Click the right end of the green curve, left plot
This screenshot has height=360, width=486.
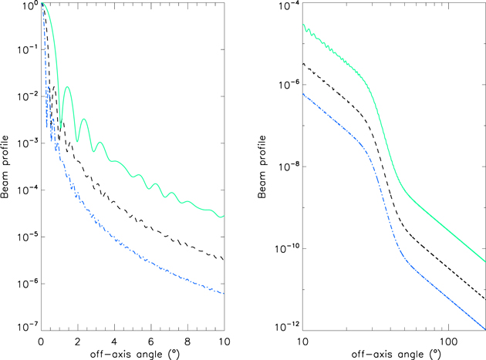[x=224, y=217]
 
